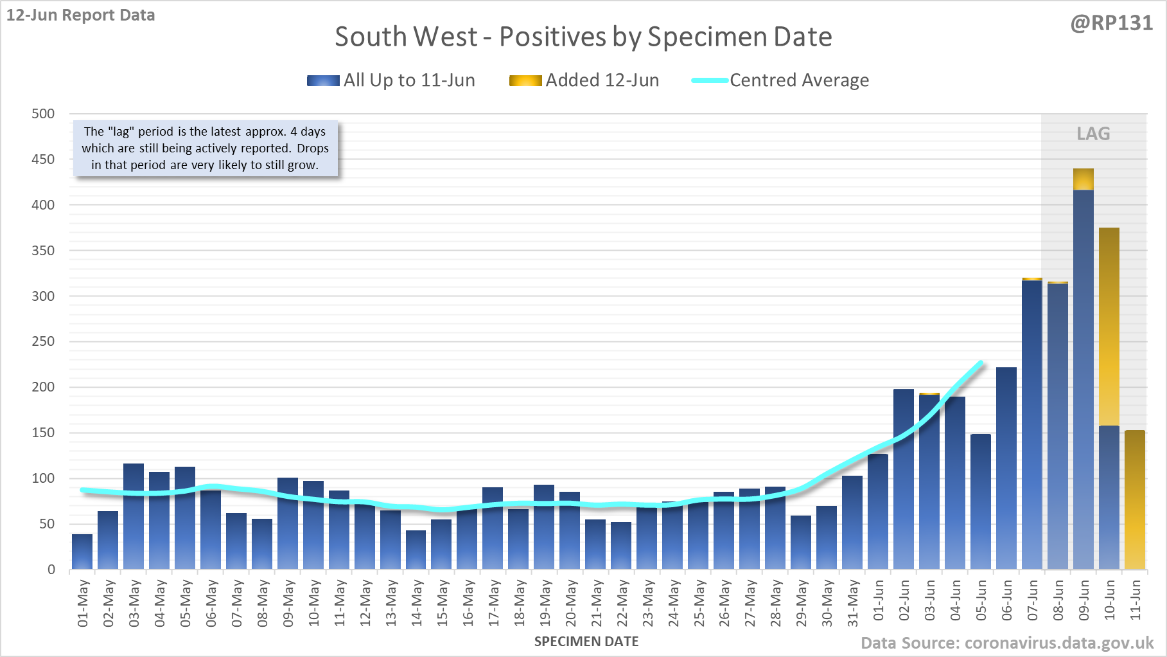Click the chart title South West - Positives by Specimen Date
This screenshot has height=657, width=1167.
(583, 37)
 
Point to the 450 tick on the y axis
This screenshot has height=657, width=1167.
(43, 159)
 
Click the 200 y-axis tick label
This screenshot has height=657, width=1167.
(43, 387)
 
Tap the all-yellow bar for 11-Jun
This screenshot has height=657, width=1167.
(1135, 501)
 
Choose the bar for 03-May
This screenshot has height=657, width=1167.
(134, 517)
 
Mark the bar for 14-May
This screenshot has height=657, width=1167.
(416, 550)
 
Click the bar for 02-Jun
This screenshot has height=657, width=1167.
(904, 479)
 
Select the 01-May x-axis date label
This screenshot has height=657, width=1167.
(83, 603)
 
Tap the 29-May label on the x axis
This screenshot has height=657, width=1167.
(802, 603)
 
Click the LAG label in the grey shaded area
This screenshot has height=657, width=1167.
(1093, 134)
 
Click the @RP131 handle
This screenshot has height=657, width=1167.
(1111, 23)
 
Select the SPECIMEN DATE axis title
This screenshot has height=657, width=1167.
(586, 642)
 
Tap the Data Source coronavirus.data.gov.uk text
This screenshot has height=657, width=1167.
(1007, 643)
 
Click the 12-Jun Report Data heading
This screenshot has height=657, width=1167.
(81, 15)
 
